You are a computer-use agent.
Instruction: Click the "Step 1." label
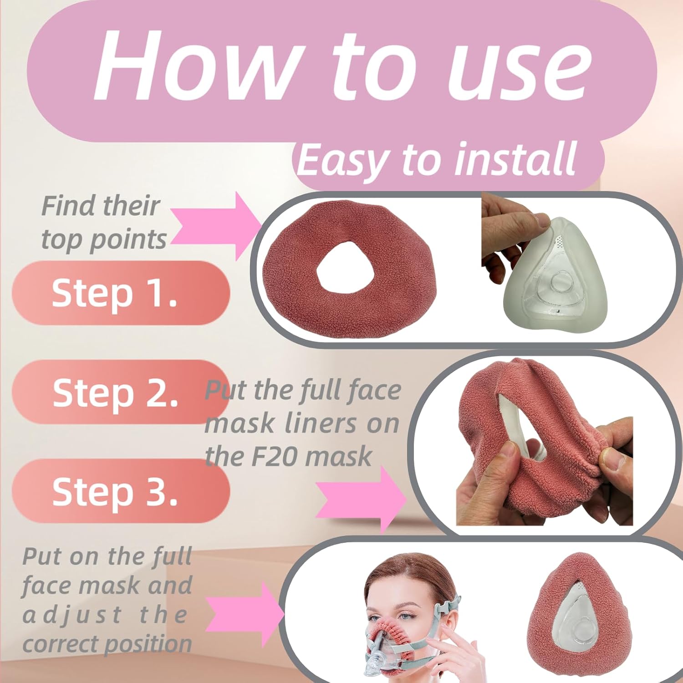[x=114, y=293]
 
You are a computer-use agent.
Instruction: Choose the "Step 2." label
[x=115, y=392]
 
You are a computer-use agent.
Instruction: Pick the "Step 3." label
[x=115, y=491]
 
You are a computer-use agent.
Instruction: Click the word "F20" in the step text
[x=275, y=457]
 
